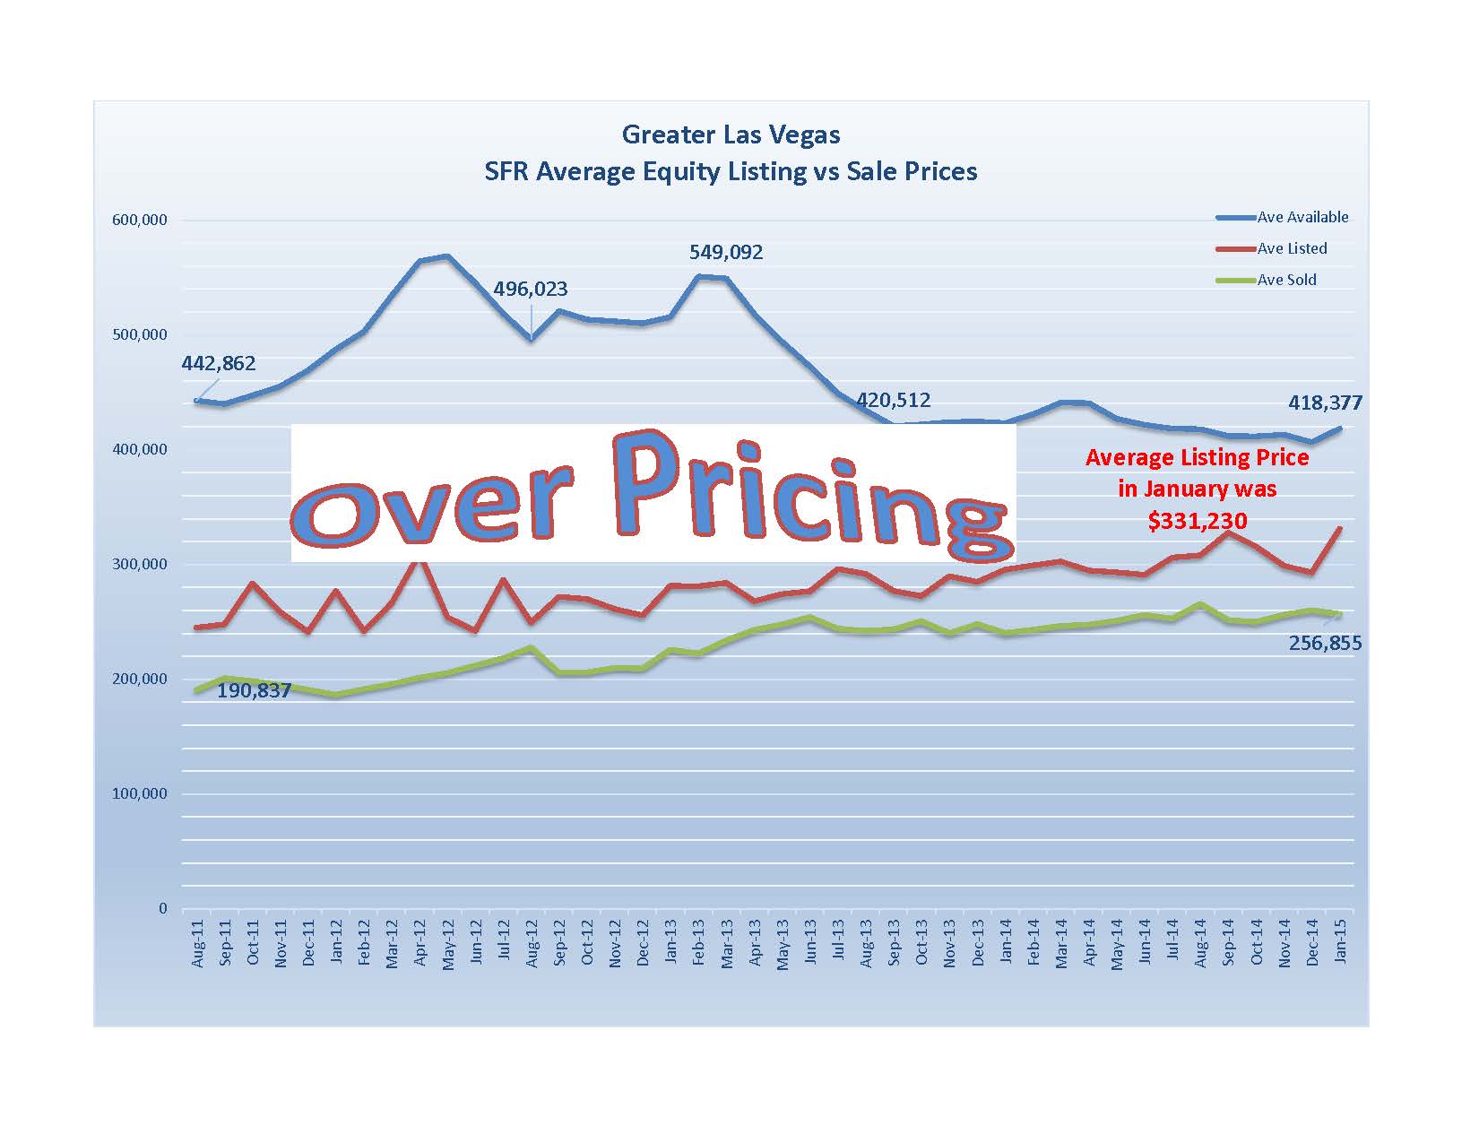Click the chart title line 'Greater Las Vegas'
(x=731, y=135)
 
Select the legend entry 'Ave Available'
(x=1302, y=217)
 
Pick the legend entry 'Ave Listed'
(x=1292, y=248)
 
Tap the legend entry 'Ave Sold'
(x=1286, y=280)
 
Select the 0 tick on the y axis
(x=162, y=908)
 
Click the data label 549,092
(x=726, y=253)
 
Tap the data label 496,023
(x=530, y=290)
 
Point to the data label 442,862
(x=219, y=364)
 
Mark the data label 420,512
(x=893, y=400)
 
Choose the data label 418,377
(x=1325, y=403)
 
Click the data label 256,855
(x=1325, y=643)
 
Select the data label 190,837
(x=254, y=691)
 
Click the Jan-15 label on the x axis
(x=1341, y=941)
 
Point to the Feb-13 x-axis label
(x=698, y=942)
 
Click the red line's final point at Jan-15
(x=1341, y=527)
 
